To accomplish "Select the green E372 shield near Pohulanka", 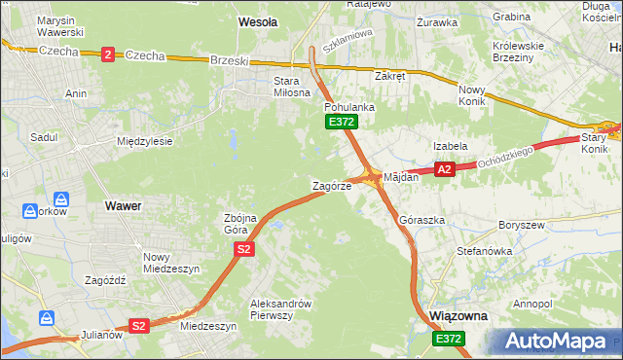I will pyautogui.click(x=342, y=122).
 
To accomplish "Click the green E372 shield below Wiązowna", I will pyautogui.click(x=449, y=338).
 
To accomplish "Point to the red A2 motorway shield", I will pyautogui.click(x=444, y=169).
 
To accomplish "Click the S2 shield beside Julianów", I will pyautogui.click(x=138, y=326).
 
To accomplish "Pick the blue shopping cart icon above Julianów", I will pyautogui.click(x=46, y=317).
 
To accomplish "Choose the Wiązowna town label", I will pyautogui.click(x=458, y=317).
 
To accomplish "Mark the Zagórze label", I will pyautogui.click(x=330, y=185).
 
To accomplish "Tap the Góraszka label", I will pyautogui.click(x=421, y=220).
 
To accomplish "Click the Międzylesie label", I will pyautogui.click(x=144, y=141).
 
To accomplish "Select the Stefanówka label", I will pyautogui.click(x=484, y=251).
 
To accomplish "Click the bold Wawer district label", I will pyautogui.click(x=123, y=206).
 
